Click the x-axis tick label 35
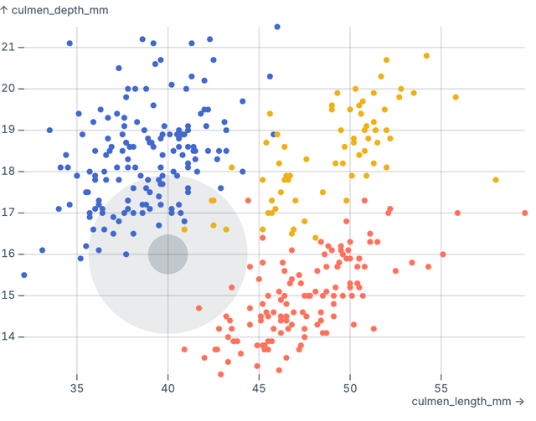77,388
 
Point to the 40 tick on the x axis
167,388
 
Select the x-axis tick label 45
259,388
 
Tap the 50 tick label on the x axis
350,388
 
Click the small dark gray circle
167,254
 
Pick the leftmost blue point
24,275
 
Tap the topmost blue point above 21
277,27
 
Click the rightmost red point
524,213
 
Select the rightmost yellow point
496,180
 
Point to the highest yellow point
426,56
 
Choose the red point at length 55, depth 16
442,254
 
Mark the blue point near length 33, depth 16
42,250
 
